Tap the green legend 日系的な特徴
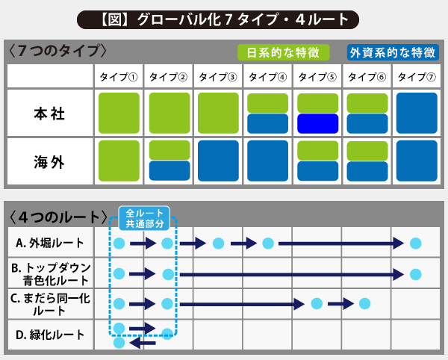click(x=284, y=52)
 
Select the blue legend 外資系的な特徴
click(x=393, y=52)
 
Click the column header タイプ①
click(x=119, y=77)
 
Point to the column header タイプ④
click(x=267, y=77)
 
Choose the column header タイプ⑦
click(x=417, y=77)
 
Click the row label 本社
click(x=49, y=114)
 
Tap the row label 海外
click(x=49, y=162)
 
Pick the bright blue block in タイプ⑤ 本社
click(x=318, y=124)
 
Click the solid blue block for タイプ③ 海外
click(x=218, y=161)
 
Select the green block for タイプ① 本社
click(x=119, y=113)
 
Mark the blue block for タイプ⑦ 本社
click(x=417, y=113)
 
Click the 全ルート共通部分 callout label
click(x=144, y=219)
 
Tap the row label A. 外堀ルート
click(x=50, y=243)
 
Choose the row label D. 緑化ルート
click(x=50, y=335)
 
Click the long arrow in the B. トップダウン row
click(x=292, y=275)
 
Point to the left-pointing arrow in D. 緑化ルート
click(x=143, y=343)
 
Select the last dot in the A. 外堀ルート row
click(x=415, y=243)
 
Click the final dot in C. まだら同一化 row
click(x=364, y=303)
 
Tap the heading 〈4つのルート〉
click(x=58, y=217)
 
